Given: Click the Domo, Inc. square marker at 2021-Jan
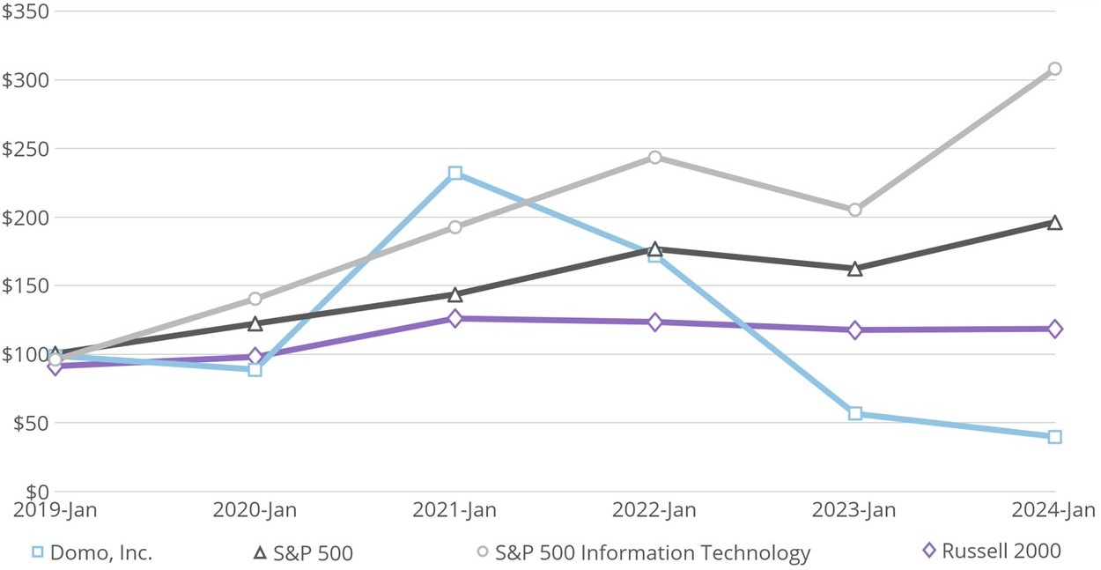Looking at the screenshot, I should (454, 174).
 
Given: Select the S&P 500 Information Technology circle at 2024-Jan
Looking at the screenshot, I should (1054, 69).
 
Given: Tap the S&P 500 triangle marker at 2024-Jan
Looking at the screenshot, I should (1054, 223).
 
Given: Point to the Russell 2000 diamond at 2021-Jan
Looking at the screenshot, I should (454, 318).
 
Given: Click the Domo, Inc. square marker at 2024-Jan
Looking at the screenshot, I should (1054, 437).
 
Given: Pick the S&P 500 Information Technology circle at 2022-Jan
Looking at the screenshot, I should (654, 158).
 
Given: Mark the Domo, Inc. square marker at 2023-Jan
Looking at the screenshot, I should (854, 413).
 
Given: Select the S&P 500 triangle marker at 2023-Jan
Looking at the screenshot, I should (854, 269).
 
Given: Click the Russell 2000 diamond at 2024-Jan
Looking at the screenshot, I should (1054, 329).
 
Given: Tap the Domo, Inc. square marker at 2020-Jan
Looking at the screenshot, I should (255, 369).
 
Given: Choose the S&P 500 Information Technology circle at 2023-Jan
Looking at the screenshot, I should (854, 210).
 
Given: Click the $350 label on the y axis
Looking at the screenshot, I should (25, 11).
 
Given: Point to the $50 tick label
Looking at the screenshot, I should (29, 423).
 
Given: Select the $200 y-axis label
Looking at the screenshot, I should (25, 217).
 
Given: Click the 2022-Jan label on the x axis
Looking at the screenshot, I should (654, 511).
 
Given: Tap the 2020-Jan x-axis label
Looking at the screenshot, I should (255, 511).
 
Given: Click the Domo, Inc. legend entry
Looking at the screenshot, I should (100, 553).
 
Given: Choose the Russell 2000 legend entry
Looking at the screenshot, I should (1001, 551).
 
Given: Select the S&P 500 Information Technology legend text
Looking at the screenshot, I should (652, 553).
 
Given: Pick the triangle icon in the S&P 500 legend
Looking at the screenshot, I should (260, 552).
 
